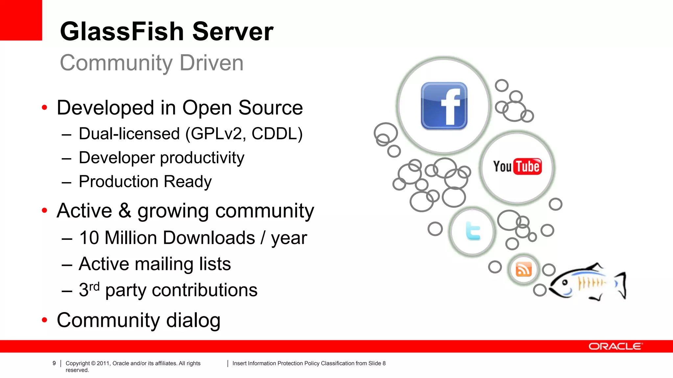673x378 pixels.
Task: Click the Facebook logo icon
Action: [x=444, y=106]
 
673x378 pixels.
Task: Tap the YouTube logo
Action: [x=517, y=166]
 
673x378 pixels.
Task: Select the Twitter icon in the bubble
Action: [x=473, y=231]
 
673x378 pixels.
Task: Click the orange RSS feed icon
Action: [x=523, y=270]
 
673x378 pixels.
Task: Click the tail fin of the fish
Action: [x=621, y=285]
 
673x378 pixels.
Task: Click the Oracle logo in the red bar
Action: [x=615, y=346]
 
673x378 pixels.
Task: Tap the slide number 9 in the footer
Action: [x=54, y=363]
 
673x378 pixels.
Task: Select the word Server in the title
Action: [x=233, y=31]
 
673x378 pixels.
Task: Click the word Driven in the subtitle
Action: [x=211, y=63]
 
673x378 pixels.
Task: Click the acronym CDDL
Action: [x=277, y=134]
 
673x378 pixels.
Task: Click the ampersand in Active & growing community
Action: [x=125, y=210]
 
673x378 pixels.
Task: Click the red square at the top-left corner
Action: [x=21, y=20]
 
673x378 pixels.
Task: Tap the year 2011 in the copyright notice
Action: [x=103, y=363]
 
